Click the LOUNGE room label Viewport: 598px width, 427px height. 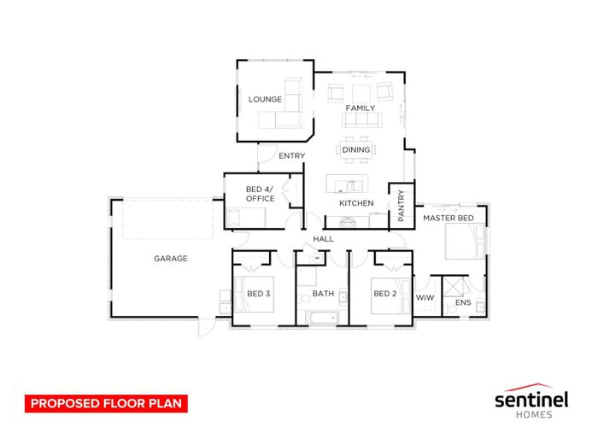point(265,100)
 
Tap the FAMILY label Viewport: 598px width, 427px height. point(361,108)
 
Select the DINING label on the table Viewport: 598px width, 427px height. point(356,149)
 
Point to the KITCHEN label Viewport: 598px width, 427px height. point(356,203)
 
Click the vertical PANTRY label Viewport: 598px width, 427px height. point(401,206)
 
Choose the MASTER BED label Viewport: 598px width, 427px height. point(448,218)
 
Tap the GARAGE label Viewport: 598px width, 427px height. point(171,259)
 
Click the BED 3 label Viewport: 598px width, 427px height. point(259,294)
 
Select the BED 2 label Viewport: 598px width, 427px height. point(385,294)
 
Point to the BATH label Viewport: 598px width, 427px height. point(323,294)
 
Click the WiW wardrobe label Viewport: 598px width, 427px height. point(425,297)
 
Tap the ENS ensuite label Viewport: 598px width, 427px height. point(463,302)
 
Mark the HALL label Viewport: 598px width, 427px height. point(324,239)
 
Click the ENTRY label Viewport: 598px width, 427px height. point(292,156)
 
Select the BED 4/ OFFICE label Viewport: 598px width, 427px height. point(260,194)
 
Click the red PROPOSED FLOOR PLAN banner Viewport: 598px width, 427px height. point(107,403)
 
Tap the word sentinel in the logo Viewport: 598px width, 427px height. point(531,400)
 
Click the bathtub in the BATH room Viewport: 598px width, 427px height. point(322,317)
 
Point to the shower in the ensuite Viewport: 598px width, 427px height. point(452,286)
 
